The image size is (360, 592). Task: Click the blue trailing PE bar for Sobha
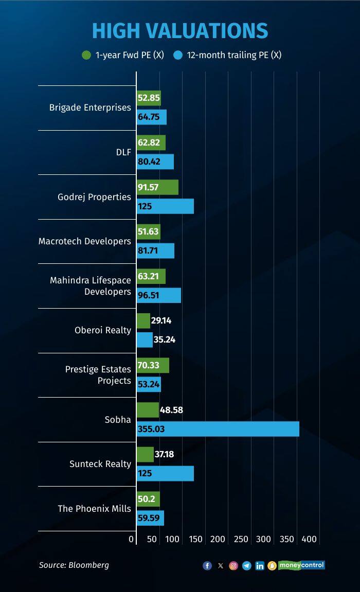[x=218, y=429]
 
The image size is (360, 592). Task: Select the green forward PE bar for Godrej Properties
[x=157, y=187]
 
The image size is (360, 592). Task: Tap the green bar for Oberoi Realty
[x=143, y=321]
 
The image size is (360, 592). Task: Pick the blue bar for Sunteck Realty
[x=165, y=473]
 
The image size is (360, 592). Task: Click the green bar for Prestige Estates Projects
[x=153, y=366]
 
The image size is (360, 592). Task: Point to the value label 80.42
[x=149, y=162]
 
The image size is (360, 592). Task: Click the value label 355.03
[x=151, y=429]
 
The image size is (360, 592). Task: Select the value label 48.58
[x=172, y=410]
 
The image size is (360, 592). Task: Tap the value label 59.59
[x=149, y=518]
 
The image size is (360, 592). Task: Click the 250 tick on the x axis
[x=241, y=539]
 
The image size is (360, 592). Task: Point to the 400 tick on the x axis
[x=309, y=539]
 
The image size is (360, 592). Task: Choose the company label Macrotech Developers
[x=85, y=241]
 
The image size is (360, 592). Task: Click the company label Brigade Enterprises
[x=90, y=107]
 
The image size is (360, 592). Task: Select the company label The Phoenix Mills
[x=94, y=509]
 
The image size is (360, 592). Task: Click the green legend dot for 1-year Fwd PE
[x=86, y=55]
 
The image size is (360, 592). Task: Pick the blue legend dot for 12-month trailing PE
[x=178, y=55]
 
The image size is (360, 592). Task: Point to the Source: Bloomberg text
[x=74, y=565]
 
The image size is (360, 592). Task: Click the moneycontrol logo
[x=301, y=565]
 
